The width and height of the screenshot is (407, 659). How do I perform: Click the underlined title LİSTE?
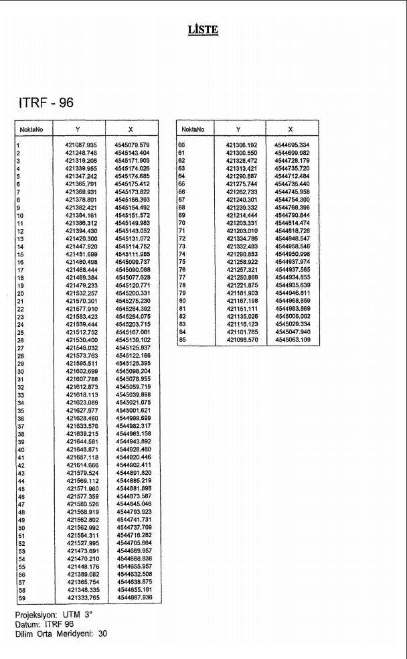pyautogui.click(x=203, y=29)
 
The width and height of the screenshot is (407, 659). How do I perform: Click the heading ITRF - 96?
pyautogui.click(x=46, y=103)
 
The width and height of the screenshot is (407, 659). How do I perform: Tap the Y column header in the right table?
pyautogui.click(x=238, y=129)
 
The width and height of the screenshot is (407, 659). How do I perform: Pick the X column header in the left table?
pyautogui.click(x=131, y=129)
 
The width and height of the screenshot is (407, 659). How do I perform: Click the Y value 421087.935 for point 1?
pyautogui.click(x=81, y=145)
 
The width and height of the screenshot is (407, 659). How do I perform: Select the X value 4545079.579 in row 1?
pyautogui.click(x=132, y=145)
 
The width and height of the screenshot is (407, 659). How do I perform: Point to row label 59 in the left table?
pyautogui.click(x=21, y=597)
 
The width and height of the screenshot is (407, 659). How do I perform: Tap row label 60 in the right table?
pyautogui.click(x=181, y=145)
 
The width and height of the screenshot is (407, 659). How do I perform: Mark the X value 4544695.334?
pyautogui.click(x=292, y=145)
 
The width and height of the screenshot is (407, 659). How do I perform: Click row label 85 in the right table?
pyautogui.click(x=181, y=340)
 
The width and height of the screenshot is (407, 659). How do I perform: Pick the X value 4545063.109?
pyautogui.click(x=293, y=340)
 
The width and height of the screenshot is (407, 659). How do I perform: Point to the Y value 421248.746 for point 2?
pyautogui.click(x=81, y=153)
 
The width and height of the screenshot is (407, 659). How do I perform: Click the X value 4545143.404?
pyautogui.click(x=132, y=153)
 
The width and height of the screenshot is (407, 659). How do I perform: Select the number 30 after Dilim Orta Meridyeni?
pyautogui.click(x=102, y=633)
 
